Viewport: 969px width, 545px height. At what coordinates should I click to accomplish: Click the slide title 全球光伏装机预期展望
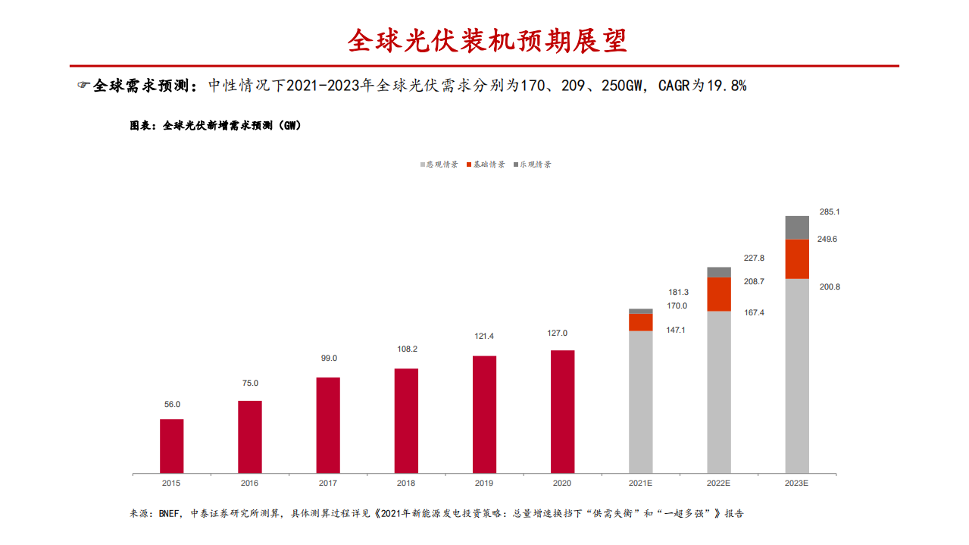point(487,40)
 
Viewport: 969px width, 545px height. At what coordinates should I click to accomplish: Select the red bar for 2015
point(171,446)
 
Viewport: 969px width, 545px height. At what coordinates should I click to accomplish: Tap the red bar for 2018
point(406,421)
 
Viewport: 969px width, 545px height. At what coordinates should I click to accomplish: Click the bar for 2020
point(562,412)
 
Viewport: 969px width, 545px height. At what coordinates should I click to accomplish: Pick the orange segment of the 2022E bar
point(719,294)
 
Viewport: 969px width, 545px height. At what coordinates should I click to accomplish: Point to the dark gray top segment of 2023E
point(797,227)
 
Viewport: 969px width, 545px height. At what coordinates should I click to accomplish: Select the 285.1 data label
point(830,212)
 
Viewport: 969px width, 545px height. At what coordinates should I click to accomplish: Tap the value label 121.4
point(484,336)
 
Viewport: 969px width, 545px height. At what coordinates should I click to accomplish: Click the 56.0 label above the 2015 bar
point(172,405)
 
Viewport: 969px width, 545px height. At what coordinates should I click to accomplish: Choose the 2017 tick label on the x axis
point(328,483)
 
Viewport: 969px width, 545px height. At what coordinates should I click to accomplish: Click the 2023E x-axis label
point(797,483)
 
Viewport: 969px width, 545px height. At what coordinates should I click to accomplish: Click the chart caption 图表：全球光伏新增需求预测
point(216,126)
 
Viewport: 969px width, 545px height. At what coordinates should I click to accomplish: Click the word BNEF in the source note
point(169,514)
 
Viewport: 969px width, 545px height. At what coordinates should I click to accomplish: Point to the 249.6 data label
point(827,240)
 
